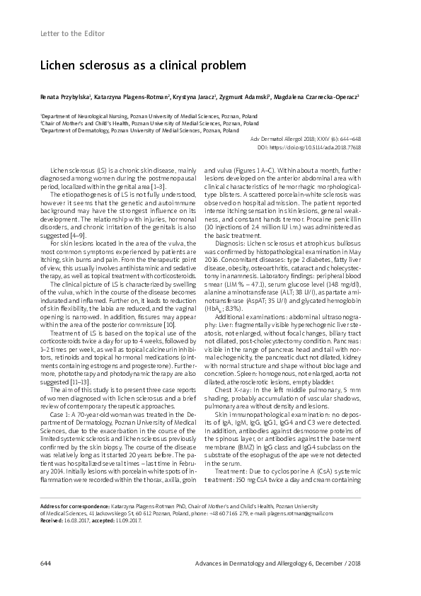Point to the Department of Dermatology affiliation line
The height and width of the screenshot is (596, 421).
click(x=130, y=131)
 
